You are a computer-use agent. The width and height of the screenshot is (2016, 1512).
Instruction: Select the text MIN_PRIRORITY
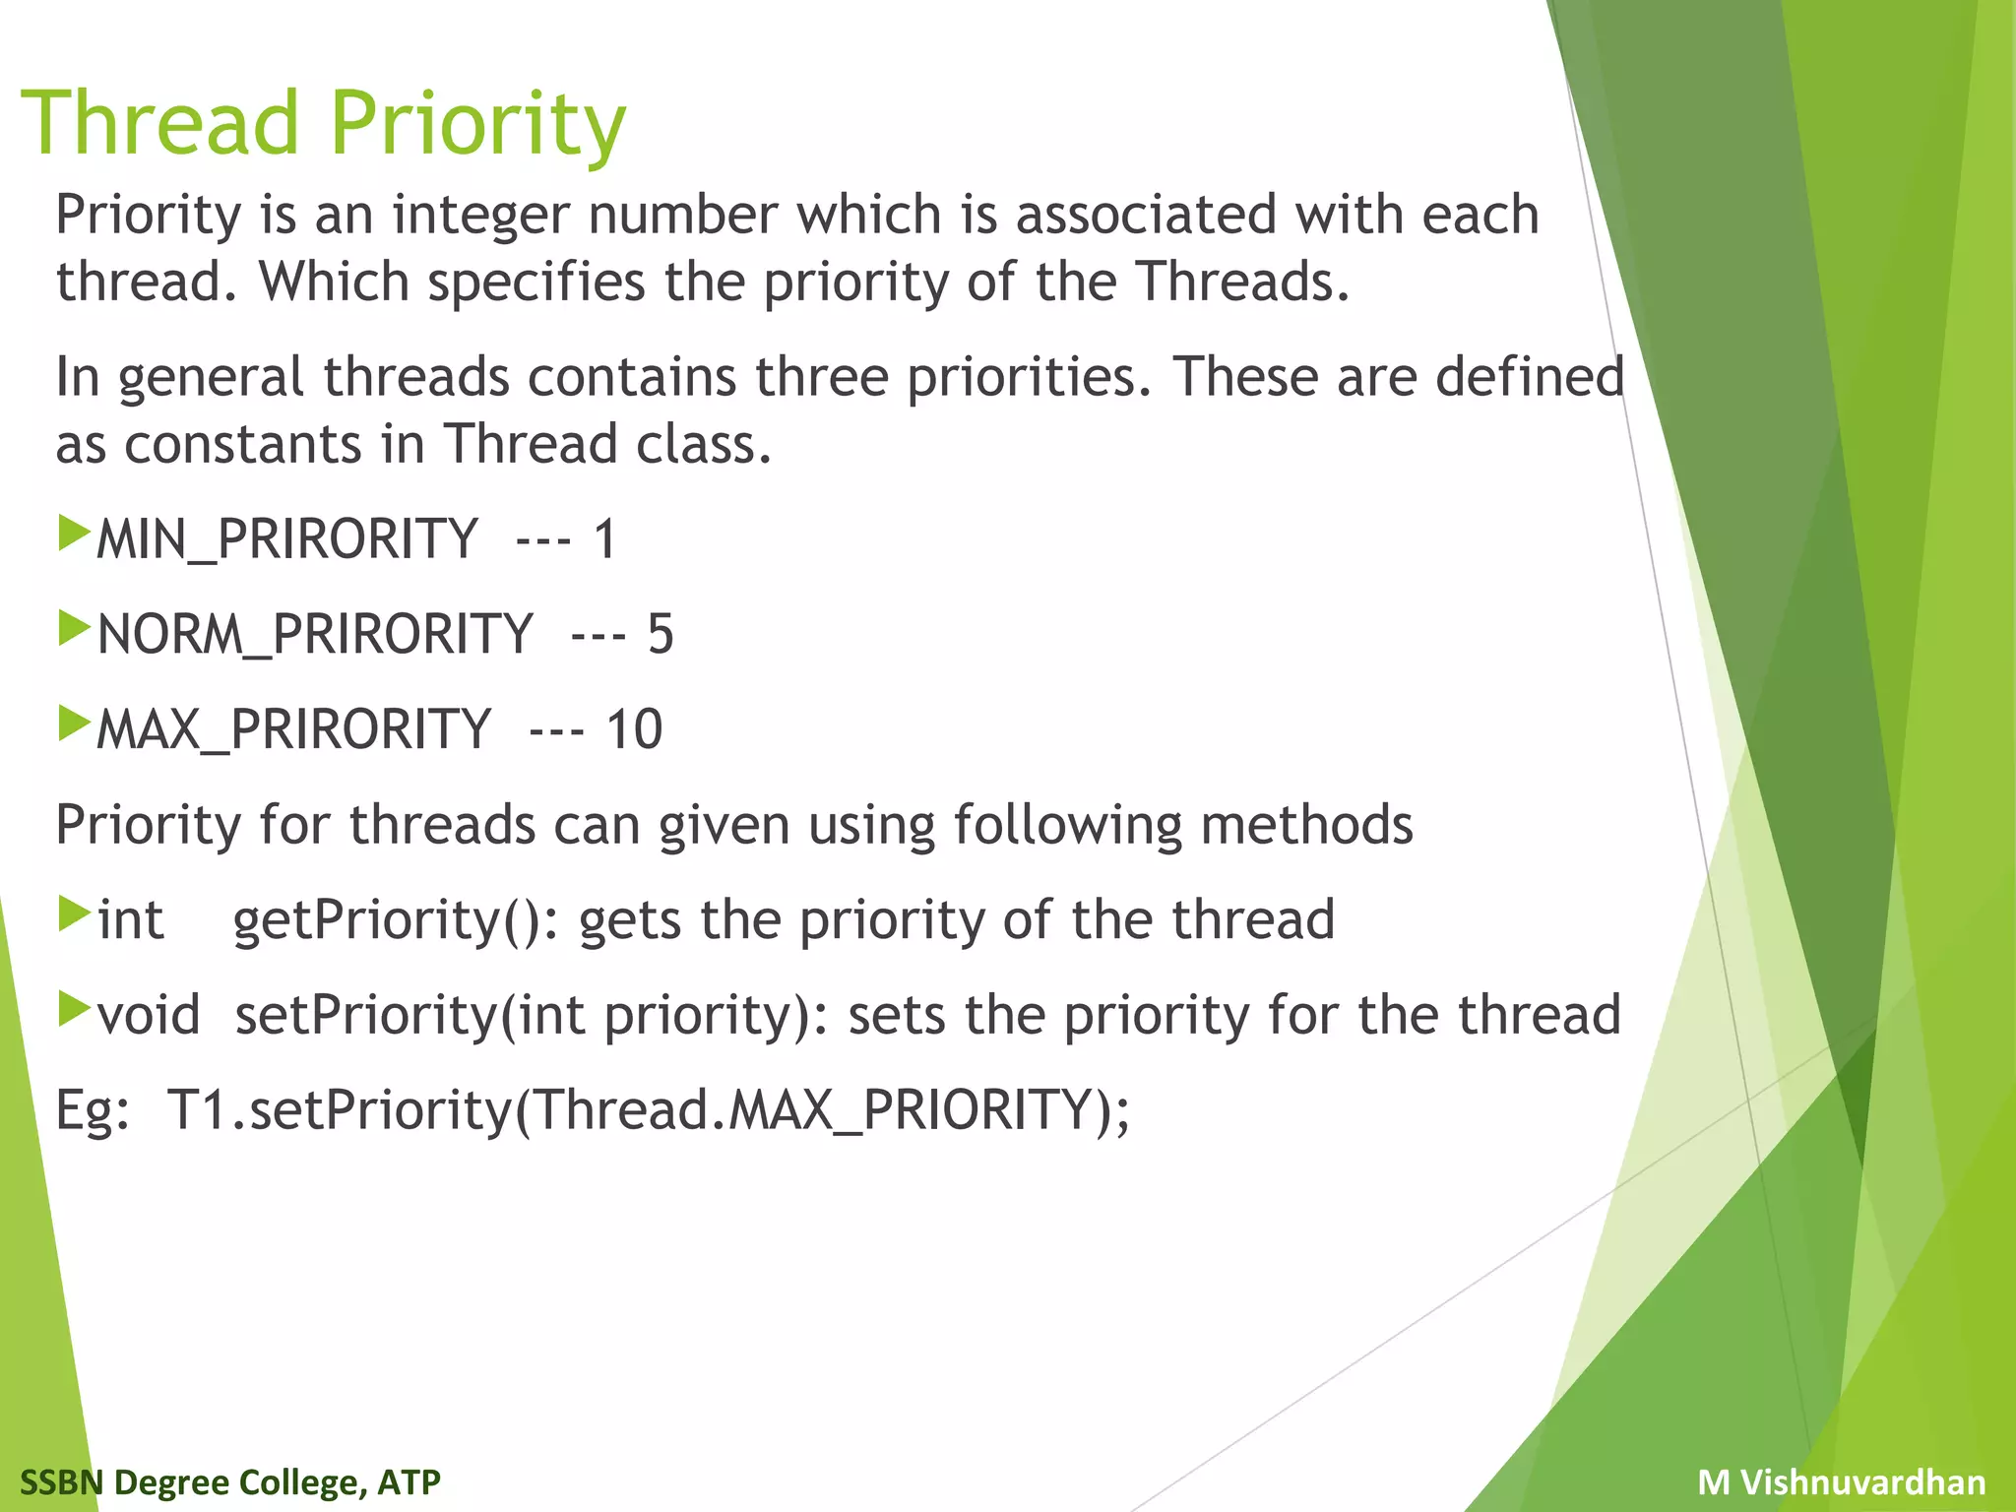click(x=286, y=539)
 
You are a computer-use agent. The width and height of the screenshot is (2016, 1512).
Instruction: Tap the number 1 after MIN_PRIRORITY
click(x=604, y=539)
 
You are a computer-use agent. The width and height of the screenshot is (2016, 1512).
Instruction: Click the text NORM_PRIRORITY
click(x=315, y=634)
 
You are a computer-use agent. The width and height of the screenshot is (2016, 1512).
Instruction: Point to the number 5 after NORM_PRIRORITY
click(x=660, y=634)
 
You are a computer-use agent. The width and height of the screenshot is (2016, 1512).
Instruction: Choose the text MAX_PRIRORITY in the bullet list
click(x=293, y=729)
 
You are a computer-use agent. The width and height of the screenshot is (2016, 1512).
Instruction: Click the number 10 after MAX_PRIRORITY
click(x=634, y=729)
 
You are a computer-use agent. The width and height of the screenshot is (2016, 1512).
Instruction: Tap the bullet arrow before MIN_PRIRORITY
click(x=74, y=533)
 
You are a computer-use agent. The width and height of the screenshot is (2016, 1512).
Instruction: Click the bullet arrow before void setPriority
click(x=74, y=1008)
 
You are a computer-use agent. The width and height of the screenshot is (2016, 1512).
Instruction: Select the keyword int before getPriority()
click(x=130, y=920)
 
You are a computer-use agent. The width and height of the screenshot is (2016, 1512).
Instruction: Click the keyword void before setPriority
click(x=149, y=1015)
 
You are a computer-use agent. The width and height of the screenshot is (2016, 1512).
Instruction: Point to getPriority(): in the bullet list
click(x=395, y=920)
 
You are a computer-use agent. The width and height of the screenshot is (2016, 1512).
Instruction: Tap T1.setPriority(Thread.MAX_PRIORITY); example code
click(x=648, y=1110)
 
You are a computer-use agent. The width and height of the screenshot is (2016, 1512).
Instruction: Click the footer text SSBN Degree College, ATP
click(x=230, y=1481)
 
